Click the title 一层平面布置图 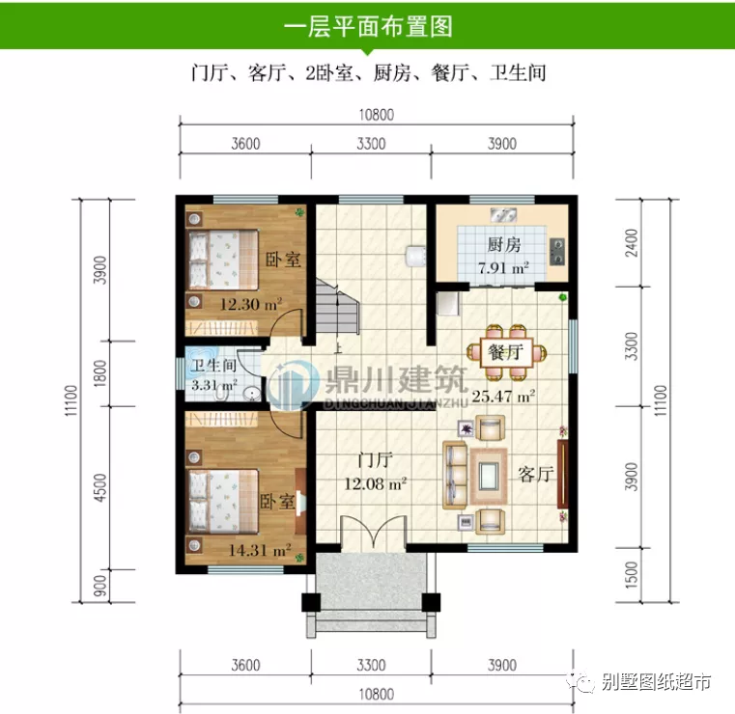(368, 26)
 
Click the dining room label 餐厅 (504, 352)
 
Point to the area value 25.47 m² (503, 396)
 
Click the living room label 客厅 (534, 474)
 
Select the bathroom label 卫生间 (213, 367)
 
